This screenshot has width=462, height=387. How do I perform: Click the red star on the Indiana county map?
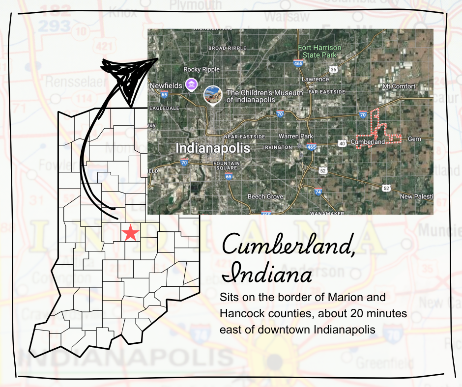(x=130, y=232)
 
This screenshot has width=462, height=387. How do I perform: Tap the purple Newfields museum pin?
(x=191, y=84)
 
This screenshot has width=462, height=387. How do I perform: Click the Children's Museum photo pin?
(x=212, y=94)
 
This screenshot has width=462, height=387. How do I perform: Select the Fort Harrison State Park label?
(x=318, y=52)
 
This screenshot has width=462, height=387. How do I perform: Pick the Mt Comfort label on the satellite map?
(x=399, y=86)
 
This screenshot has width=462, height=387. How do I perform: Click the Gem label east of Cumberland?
(x=414, y=139)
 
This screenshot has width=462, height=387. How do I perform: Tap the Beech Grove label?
(x=265, y=196)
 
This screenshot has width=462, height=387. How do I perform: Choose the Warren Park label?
(x=296, y=136)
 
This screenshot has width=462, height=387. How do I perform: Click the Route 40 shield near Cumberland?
(x=342, y=143)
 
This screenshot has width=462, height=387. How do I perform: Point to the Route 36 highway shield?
(x=333, y=70)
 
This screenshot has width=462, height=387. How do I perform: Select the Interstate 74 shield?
(x=318, y=192)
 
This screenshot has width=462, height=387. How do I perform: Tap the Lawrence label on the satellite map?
(x=315, y=79)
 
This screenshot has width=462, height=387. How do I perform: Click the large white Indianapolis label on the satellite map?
(x=212, y=148)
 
